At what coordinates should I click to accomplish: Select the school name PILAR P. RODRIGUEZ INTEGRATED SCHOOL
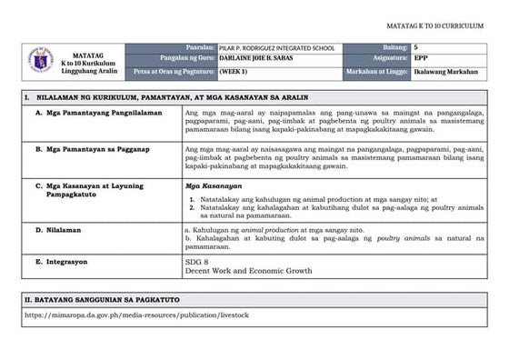click(x=277, y=47)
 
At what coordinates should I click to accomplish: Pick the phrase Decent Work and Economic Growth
click(x=247, y=271)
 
